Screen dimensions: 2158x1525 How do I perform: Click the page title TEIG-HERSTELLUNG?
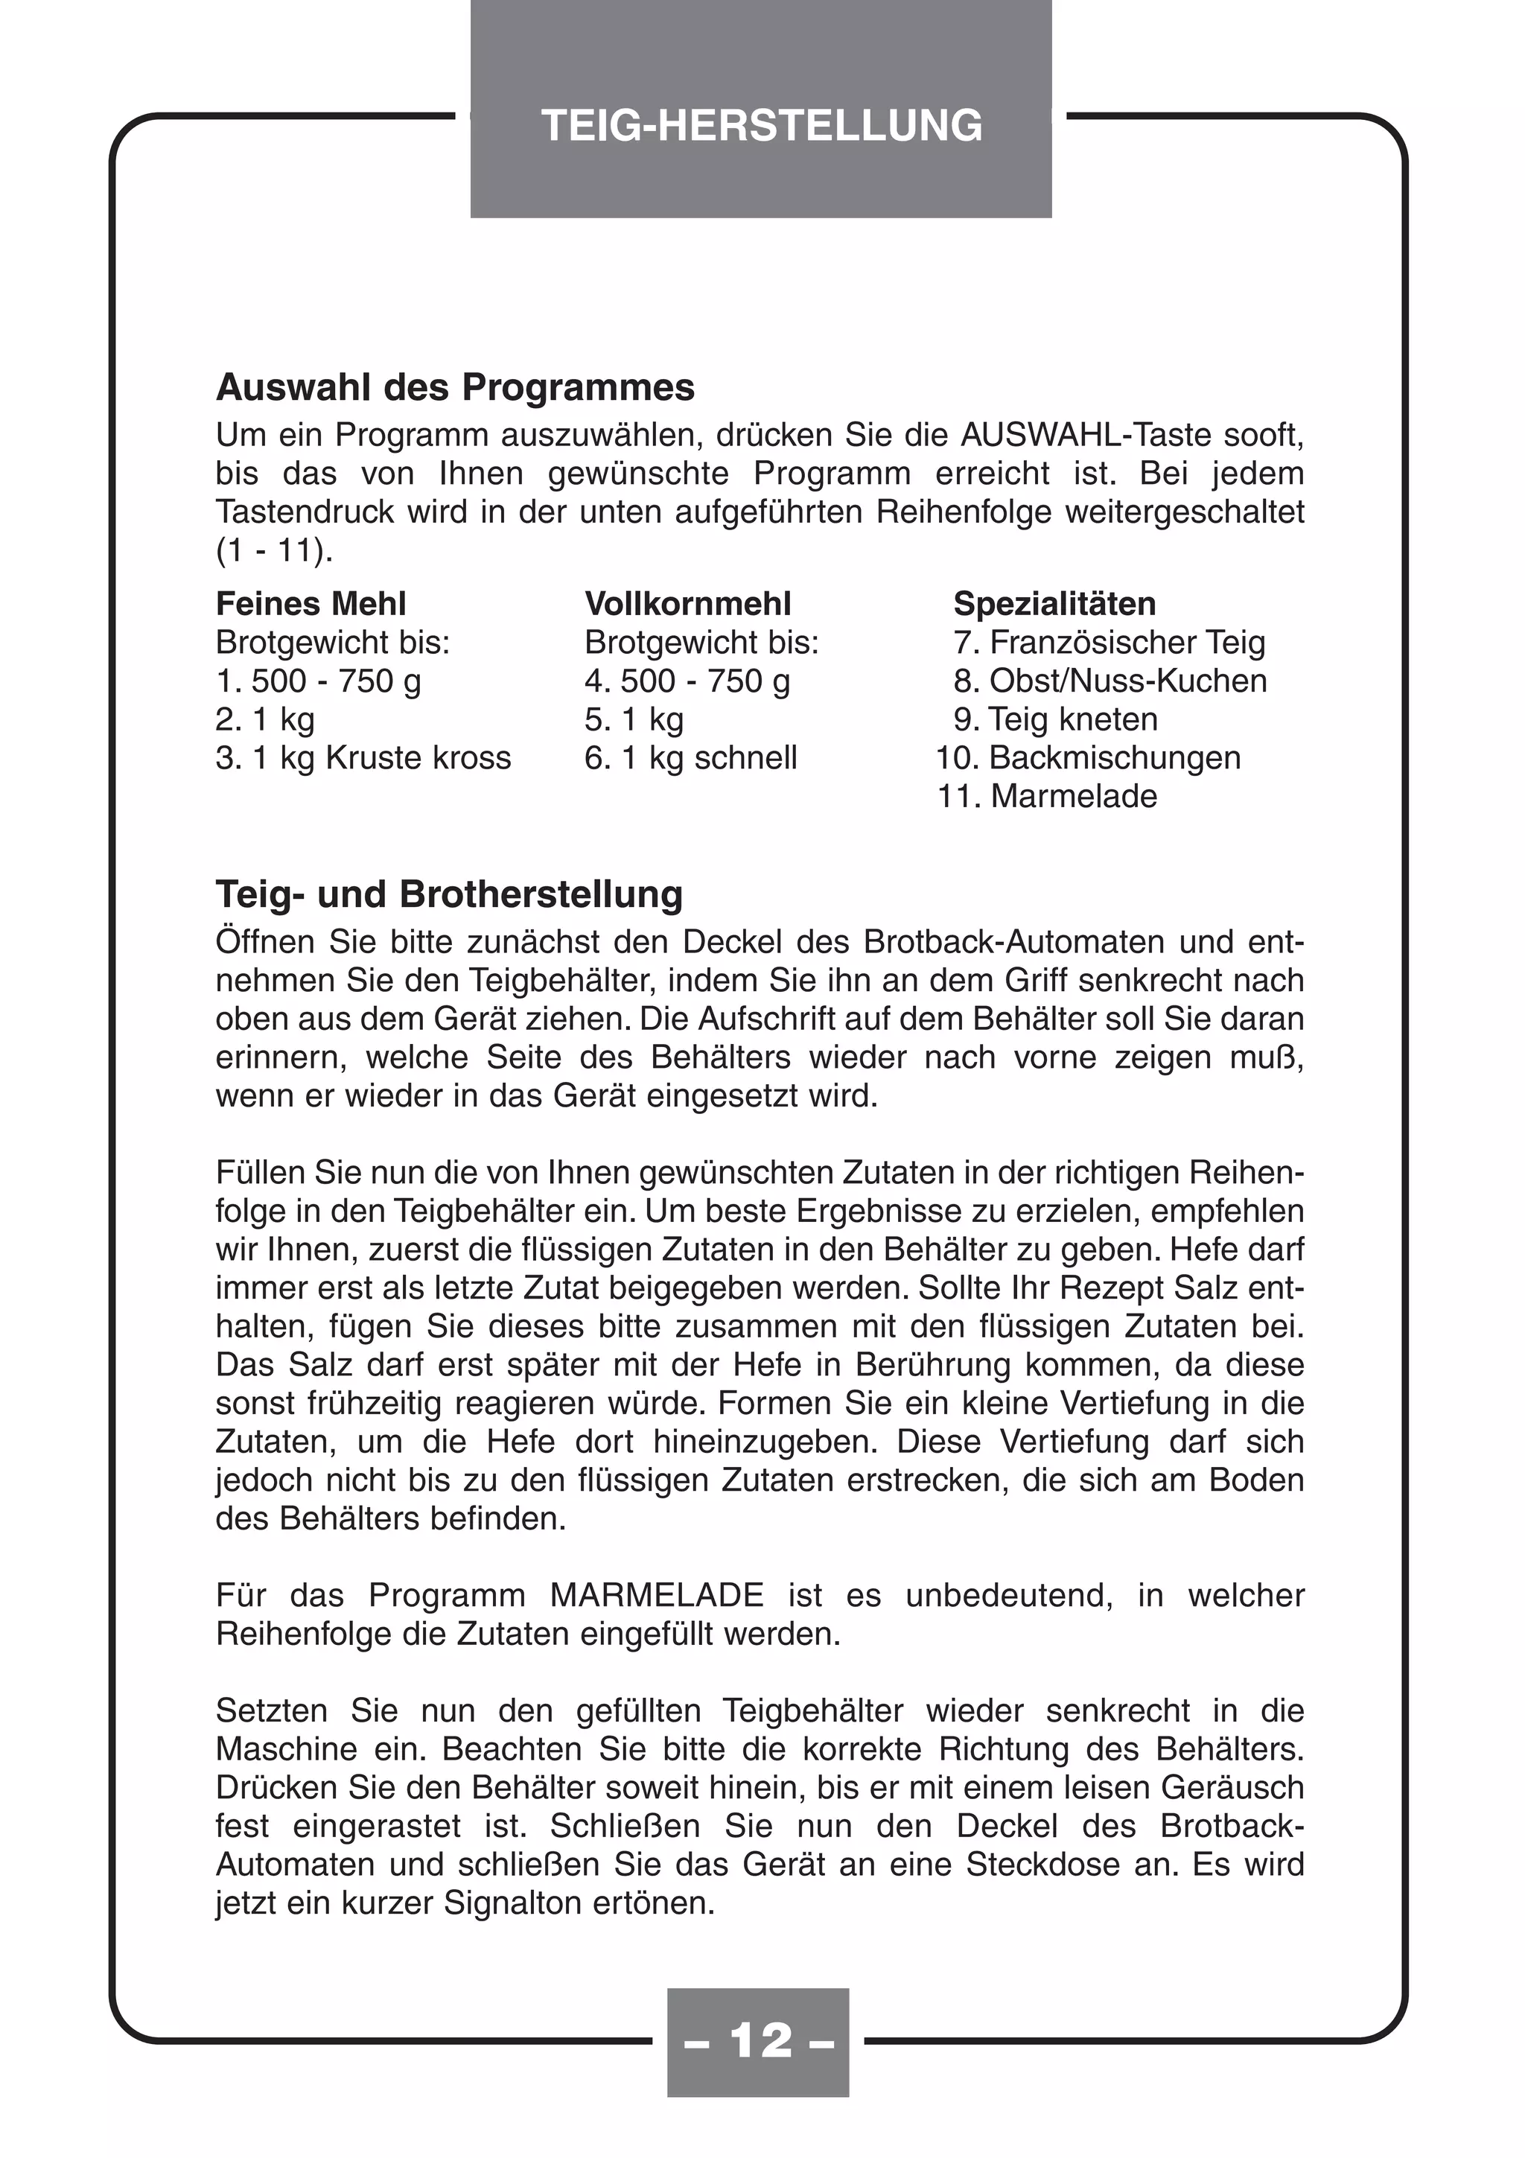click(x=761, y=126)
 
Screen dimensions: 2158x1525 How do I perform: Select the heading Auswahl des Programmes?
click(x=455, y=387)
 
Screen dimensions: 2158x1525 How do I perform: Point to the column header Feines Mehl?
click(x=311, y=603)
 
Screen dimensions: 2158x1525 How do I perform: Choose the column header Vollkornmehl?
click(x=688, y=603)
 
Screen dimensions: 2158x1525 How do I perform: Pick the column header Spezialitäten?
click(x=1054, y=603)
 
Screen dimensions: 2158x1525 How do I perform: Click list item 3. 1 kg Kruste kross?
click(x=363, y=757)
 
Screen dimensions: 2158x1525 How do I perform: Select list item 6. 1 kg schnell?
click(x=690, y=757)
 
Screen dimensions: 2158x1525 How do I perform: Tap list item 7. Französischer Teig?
click(x=1109, y=643)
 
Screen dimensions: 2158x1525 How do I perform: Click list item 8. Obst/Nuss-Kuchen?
click(x=1109, y=681)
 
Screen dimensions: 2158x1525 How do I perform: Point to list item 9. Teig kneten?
click(x=1055, y=719)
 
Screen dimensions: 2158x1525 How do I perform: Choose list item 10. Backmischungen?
click(x=1088, y=757)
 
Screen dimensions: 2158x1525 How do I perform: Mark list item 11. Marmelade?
click(x=1047, y=796)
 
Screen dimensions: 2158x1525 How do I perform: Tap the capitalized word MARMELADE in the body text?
click(x=657, y=1595)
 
